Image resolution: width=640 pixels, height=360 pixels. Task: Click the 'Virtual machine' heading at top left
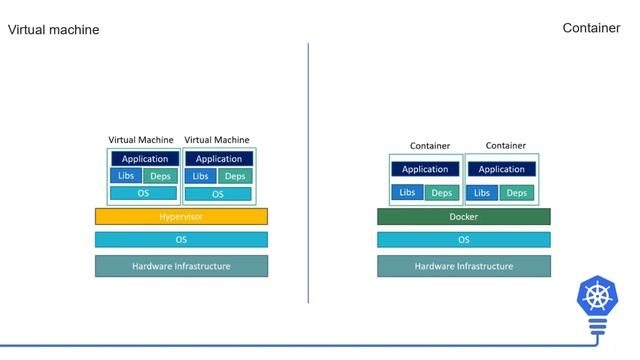click(54, 30)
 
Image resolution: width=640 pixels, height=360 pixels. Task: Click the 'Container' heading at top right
click(591, 28)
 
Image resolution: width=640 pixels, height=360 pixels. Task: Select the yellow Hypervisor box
click(181, 216)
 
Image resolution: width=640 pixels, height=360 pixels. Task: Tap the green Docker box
click(463, 216)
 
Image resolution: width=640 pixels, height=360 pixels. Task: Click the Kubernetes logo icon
click(598, 298)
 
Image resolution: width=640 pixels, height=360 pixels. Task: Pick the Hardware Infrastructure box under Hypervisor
click(181, 266)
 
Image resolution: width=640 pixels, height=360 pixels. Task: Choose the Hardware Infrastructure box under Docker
click(463, 266)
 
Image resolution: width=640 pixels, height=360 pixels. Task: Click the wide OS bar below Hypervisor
click(181, 240)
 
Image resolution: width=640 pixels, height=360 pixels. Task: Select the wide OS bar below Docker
click(463, 240)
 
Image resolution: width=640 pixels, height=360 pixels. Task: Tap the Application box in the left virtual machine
click(144, 159)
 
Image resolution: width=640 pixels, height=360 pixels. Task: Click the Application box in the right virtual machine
click(219, 159)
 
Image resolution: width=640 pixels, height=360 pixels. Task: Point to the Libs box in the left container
click(407, 192)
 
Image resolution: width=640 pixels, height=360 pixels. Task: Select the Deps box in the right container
click(516, 192)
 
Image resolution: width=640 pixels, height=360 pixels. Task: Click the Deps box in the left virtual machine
click(161, 176)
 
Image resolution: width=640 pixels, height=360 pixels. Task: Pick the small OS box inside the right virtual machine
click(219, 194)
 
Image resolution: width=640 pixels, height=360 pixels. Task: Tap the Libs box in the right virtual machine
click(200, 176)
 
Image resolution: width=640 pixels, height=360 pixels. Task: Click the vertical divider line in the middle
click(308, 170)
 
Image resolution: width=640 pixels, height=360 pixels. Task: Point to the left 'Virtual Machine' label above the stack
click(141, 140)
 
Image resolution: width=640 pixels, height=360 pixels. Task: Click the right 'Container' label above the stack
click(505, 146)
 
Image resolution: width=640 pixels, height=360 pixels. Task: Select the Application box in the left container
click(425, 169)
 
